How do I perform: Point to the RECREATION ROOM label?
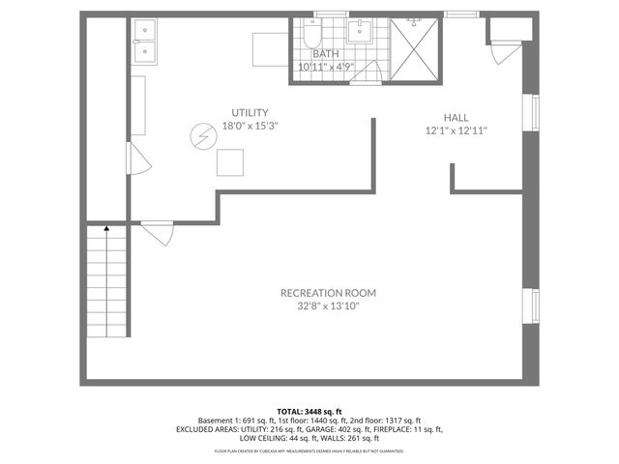[328, 293]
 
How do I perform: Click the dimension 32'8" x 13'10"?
[328, 306]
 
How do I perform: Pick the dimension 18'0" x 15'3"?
[250, 126]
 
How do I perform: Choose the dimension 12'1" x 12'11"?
[456, 130]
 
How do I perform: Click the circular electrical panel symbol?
[204, 136]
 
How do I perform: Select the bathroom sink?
[361, 31]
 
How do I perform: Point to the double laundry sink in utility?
[147, 43]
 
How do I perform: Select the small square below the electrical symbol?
[231, 161]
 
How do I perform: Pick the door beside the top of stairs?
[157, 232]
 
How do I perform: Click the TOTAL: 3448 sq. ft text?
[309, 412]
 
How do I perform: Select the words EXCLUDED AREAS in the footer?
[204, 429]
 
